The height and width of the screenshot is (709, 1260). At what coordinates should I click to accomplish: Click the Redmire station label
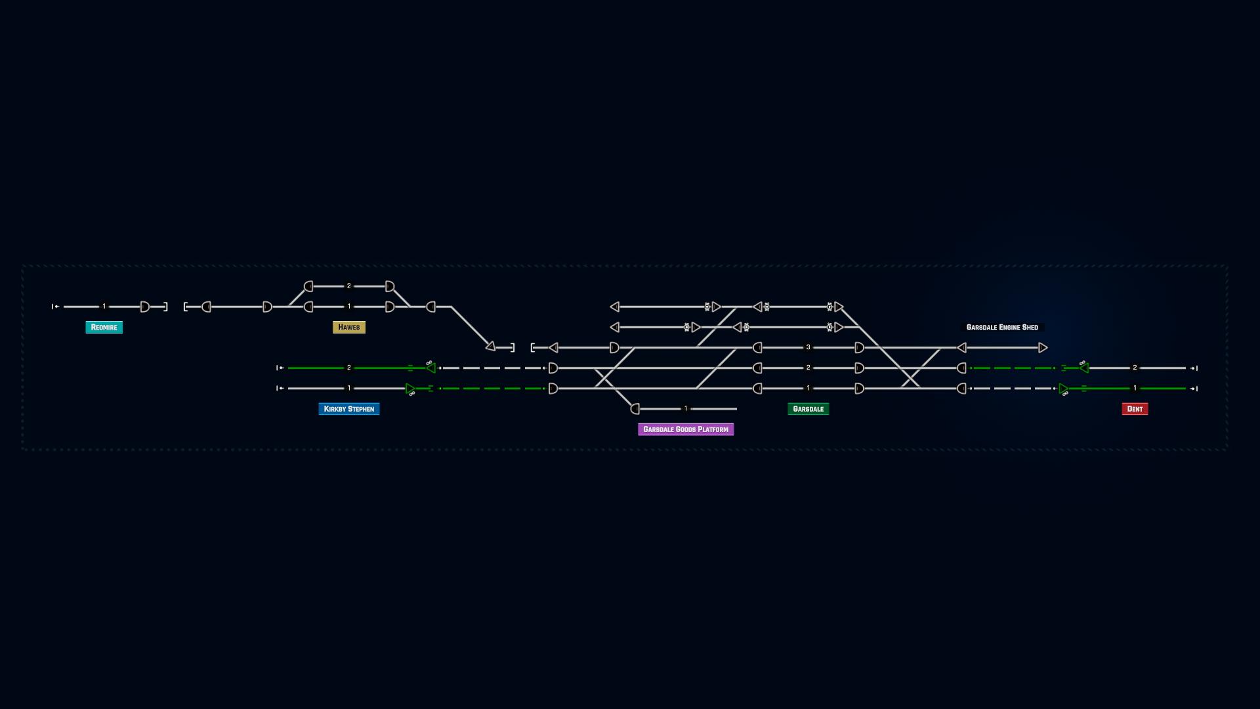104,327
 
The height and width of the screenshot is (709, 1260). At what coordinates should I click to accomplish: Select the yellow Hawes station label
348,327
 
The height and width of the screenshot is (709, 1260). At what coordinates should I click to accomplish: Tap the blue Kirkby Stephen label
348,409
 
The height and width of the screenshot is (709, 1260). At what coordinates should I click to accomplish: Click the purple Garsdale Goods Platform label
686,429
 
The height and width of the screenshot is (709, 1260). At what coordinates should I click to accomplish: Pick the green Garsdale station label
808,409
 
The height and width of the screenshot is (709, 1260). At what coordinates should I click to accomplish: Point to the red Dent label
1135,409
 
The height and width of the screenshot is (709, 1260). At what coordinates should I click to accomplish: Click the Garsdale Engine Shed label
1002,327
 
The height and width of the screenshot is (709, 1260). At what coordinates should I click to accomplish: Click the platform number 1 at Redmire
104,307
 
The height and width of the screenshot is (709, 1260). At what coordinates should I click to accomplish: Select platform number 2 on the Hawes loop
348,286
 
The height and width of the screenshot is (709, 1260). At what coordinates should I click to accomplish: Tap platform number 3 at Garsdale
808,347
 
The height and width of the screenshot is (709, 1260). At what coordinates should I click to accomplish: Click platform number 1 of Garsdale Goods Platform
686,409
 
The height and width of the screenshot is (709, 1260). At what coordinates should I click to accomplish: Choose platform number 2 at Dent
1135,368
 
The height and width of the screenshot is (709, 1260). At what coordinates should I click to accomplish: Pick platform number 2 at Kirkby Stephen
348,368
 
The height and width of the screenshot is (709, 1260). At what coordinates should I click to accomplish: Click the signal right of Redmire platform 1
145,307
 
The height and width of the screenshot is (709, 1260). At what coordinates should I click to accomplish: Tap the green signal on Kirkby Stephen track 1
410,389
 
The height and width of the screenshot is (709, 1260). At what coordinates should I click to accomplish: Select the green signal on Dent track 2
1084,368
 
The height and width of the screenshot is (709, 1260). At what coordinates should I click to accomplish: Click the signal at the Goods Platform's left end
635,409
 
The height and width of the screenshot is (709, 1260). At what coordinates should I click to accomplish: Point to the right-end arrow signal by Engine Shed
1043,347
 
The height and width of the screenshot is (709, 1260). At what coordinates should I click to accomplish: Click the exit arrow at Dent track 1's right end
1194,389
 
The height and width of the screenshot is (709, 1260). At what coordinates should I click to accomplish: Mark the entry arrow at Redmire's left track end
56,307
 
